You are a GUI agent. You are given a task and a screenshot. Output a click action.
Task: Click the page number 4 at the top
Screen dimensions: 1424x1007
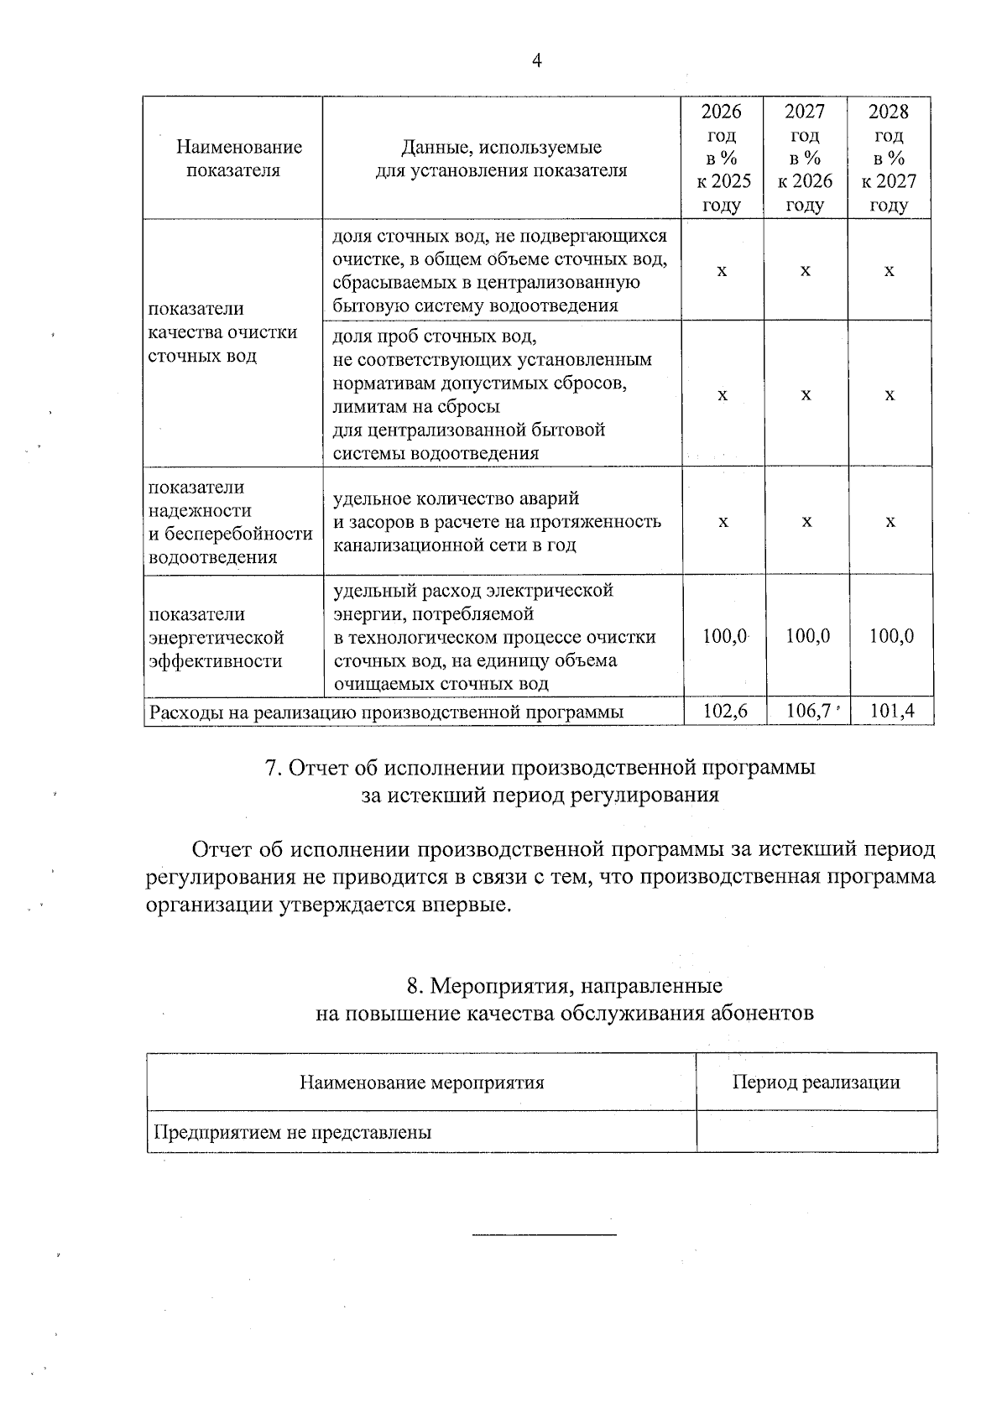point(537,60)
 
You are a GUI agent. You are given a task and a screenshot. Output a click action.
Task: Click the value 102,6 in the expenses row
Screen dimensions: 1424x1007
point(724,712)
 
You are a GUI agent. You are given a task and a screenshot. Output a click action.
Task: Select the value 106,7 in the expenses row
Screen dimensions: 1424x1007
point(807,712)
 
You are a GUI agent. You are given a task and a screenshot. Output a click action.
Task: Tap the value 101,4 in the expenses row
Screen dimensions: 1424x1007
point(891,712)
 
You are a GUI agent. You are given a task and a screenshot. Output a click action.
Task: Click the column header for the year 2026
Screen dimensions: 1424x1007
point(723,158)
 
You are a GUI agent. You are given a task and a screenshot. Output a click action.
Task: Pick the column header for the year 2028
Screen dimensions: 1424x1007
point(889,158)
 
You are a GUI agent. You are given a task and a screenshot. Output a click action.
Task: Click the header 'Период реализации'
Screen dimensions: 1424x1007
point(816,1082)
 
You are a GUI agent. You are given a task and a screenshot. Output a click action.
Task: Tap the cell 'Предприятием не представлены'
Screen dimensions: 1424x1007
point(292,1132)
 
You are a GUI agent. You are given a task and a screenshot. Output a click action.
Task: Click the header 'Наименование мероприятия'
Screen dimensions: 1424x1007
point(422,1082)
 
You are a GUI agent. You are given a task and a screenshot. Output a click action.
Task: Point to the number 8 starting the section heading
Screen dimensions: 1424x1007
point(413,985)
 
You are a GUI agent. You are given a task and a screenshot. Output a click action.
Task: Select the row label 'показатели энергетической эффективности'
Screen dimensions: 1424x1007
point(217,638)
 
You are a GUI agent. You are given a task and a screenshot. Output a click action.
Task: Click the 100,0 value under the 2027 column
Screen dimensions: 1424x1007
point(807,636)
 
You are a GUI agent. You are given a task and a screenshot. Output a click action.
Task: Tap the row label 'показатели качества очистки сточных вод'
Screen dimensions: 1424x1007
point(222,332)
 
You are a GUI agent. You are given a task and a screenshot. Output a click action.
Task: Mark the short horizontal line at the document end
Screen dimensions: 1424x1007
point(545,1234)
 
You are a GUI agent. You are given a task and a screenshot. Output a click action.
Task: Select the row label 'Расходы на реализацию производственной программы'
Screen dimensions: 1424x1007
point(386,712)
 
